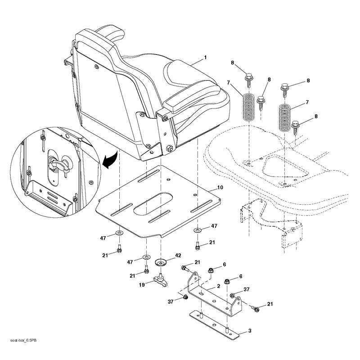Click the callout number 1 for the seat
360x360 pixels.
click(x=205, y=58)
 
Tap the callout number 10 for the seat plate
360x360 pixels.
click(x=220, y=188)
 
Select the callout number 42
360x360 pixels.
click(x=178, y=256)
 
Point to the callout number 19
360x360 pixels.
click(x=142, y=285)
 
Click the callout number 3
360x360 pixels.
click(x=250, y=331)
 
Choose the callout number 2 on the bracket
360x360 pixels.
click(x=218, y=286)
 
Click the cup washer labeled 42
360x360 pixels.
click(x=161, y=262)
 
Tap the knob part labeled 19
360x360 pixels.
click(x=160, y=279)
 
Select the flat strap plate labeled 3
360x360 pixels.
click(x=215, y=324)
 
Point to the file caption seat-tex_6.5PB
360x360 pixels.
click(x=23, y=340)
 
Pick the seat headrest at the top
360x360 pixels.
click(x=110, y=33)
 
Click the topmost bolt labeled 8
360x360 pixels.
click(x=249, y=80)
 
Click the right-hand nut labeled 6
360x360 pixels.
click(x=227, y=281)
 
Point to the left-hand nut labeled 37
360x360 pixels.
click(x=184, y=297)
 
